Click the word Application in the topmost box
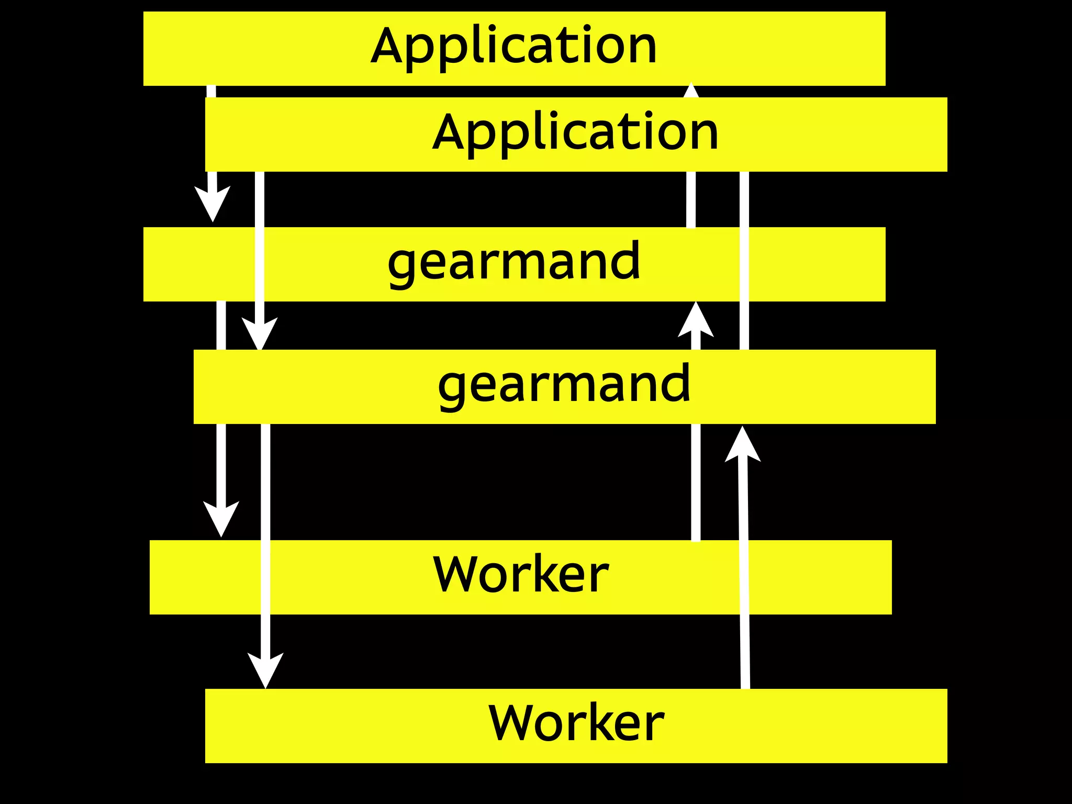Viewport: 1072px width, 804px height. tap(513, 47)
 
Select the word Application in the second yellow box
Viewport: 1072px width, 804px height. tap(575, 133)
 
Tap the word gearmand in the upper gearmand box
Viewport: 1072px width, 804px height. tap(513, 262)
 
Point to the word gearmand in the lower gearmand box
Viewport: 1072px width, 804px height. tap(564, 385)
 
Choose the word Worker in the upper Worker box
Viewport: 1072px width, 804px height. tap(521, 575)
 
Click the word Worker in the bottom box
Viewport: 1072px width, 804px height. tap(576, 723)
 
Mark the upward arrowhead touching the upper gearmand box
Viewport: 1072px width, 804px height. tap(696, 320)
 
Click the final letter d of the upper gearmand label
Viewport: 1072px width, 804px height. tap(627, 260)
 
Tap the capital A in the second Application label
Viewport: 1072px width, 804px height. tap(451, 132)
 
